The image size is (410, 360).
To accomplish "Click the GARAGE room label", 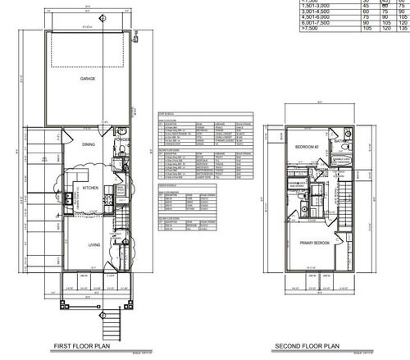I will pos(87,80).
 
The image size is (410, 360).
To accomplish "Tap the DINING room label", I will pos(88,144).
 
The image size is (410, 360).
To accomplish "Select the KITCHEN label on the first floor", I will pos(90,187).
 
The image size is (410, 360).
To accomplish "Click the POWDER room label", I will pos(123,139).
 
